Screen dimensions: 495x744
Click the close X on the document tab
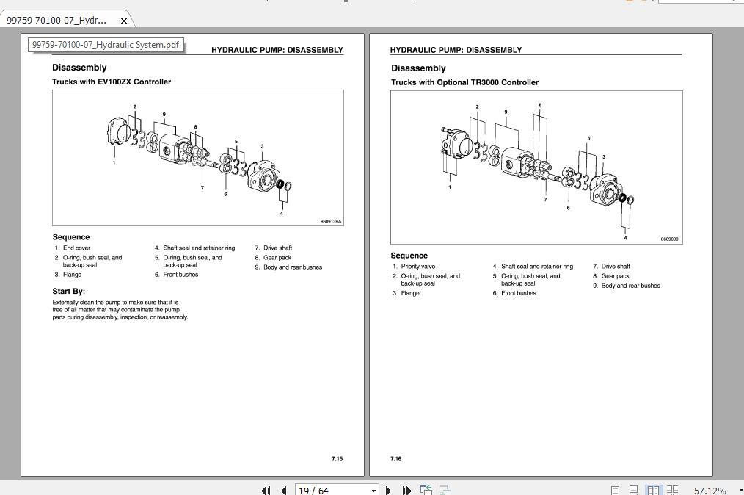pyautogui.click(x=124, y=21)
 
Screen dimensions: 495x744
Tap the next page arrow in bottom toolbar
pyautogui.click(x=388, y=490)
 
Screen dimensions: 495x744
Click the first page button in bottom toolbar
pyautogui.click(x=265, y=490)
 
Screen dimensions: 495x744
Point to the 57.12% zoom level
pyautogui.click(x=710, y=490)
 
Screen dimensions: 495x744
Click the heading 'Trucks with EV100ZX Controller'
pyautogui.click(x=112, y=82)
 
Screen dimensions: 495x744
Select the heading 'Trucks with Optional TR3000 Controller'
pyautogui.click(x=464, y=82)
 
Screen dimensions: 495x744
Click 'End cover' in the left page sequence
pyautogui.click(x=77, y=248)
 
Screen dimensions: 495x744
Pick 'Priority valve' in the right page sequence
pyautogui.click(x=418, y=267)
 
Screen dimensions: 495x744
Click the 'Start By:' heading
pyautogui.click(x=69, y=292)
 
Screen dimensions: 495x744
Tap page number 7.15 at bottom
pyautogui.click(x=337, y=458)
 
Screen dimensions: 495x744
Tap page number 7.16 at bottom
pyautogui.click(x=395, y=458)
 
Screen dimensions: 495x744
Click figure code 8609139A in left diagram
pyautogui.click(x=331, y=221)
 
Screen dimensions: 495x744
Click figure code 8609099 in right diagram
pyautogui.click(x=669, y=239)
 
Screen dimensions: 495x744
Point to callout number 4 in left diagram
pyautogui.click(x=282, y=214)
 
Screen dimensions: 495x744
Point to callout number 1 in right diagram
pyautogui.click(x=450, y=187)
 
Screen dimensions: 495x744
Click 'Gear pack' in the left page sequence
pyautogui.click(x=277, y=258)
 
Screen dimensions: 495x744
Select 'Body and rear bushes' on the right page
pyautogui.click(x=630, y=286)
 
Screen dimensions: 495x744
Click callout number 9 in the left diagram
pyautogui.click(x=164, y=114)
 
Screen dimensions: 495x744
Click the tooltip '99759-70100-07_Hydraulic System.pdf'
pyautogui.click(x=106, y=45)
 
